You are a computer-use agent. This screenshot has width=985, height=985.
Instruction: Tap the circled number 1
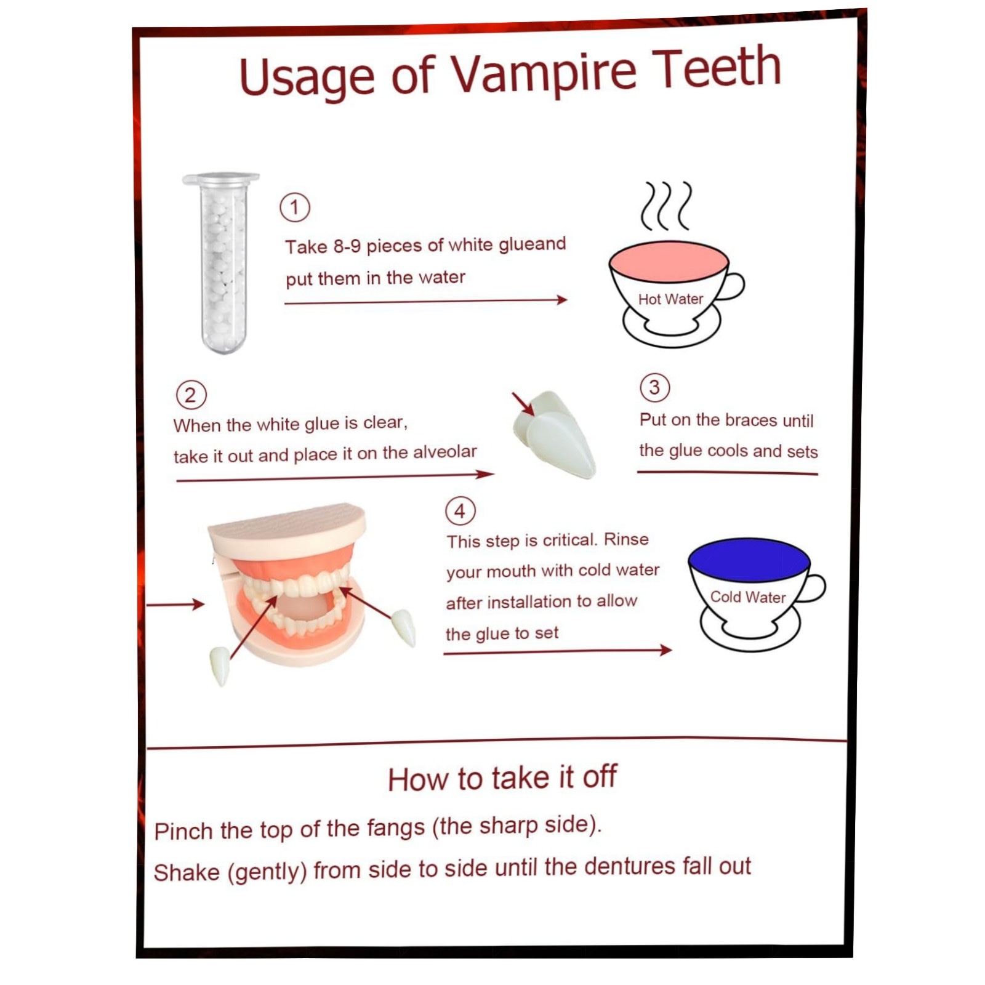[295, 207]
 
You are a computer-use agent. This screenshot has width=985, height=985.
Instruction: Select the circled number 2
[191, 395]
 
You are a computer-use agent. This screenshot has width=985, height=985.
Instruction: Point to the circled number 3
[654, 387]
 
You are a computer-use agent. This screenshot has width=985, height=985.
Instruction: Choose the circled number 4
[460, 511]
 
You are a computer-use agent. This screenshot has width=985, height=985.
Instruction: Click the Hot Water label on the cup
[670, 299]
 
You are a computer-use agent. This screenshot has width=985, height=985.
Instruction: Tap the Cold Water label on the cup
[748, 597]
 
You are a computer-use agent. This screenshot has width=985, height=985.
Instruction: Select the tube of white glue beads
[222, 263]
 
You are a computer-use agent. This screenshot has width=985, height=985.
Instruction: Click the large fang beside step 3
[556, 433]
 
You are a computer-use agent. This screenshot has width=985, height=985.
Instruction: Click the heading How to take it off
[502, 778]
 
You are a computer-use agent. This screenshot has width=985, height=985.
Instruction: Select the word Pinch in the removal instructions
[183, 831]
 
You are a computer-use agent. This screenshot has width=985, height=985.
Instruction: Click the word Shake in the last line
[187, 872]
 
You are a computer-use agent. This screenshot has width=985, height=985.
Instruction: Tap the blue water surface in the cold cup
[749, 559]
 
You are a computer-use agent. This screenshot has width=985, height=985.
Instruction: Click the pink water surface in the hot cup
[669, 262]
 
